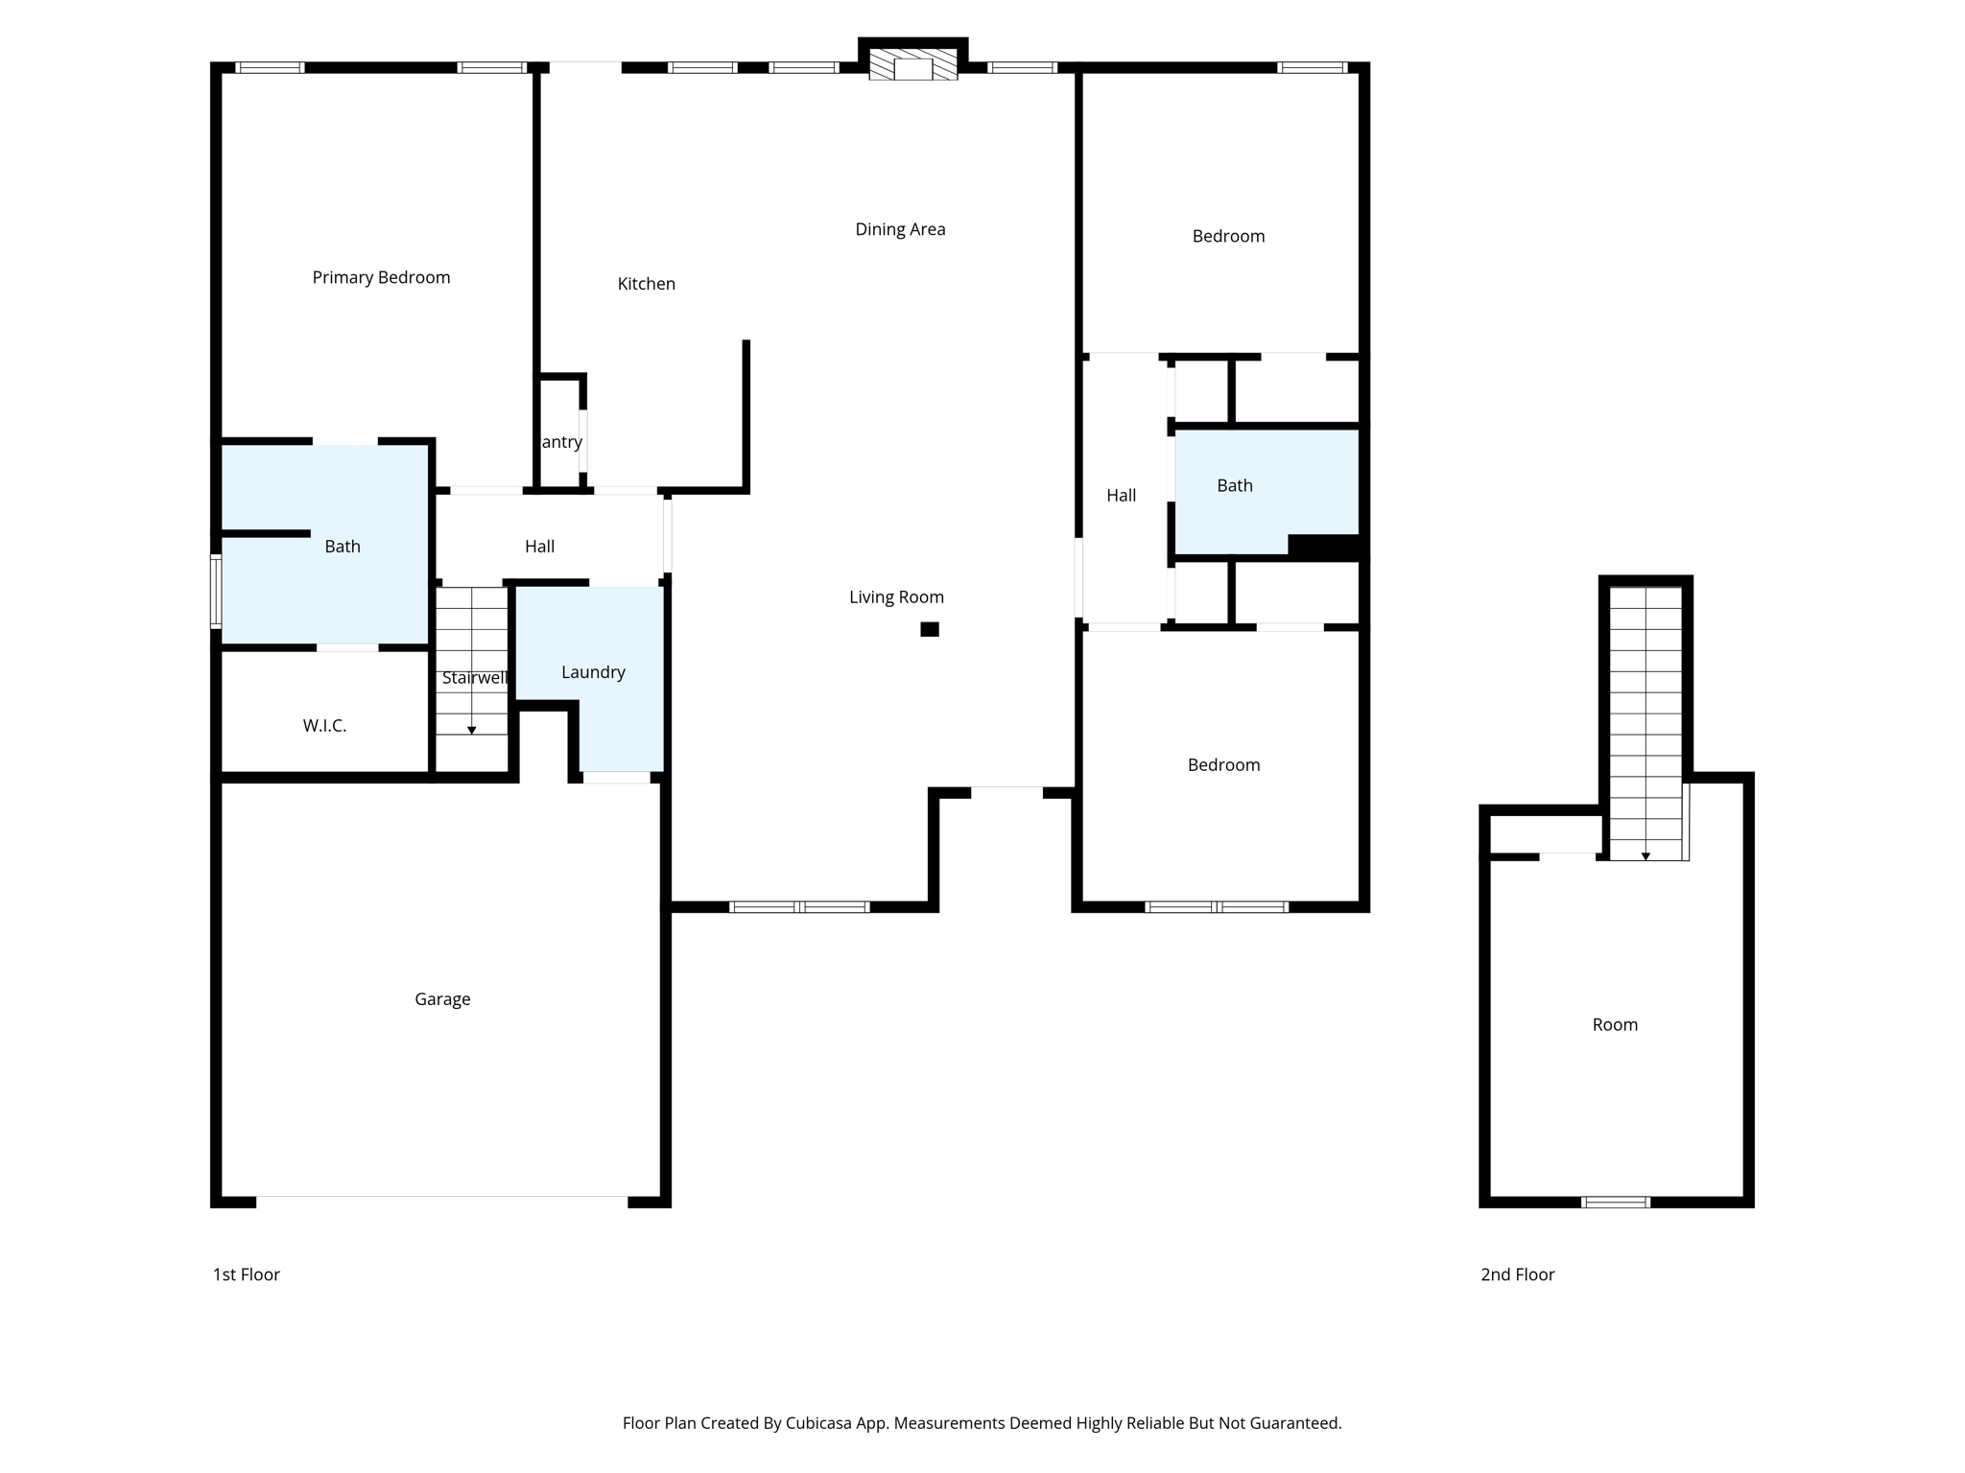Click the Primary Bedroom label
pyautogui.click(x=381, y=277)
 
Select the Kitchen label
pyautogui.click(x=646, y=284)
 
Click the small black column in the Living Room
pyautogui.click(x=929, y=629)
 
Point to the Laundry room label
pyautogui.click(x=593, y=672)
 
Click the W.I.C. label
pyautogui.click(x=324, y=726)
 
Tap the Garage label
pyautogui.click(x=442, y=999)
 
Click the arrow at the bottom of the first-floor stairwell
pyautogui.click(x=471, y=731)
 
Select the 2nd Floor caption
pyautogui.click(x=1517, y=1274)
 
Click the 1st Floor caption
pyautogui.click(x=247, y=1274)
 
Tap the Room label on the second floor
pyautogui.click(x=1615, y=1025)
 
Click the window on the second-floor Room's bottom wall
pyautogui.click(x=1615, y=1202)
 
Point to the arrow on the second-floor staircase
pyautogui.click(x=1645, y=855)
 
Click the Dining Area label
pyautogui.click(x=900, y=229)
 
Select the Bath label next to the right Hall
pyautogui.click(x=1234, y=486)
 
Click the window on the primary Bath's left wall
pyautogui.click(x=216, y=591)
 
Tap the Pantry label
pyautogui.click(x=561, y=442)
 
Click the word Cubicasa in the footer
pyautogui.click(x=822, y=1423)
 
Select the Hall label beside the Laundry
pyautogui.click(x=539, y=547)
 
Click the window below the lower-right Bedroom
pyautogui.click(x=1216, y=906)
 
